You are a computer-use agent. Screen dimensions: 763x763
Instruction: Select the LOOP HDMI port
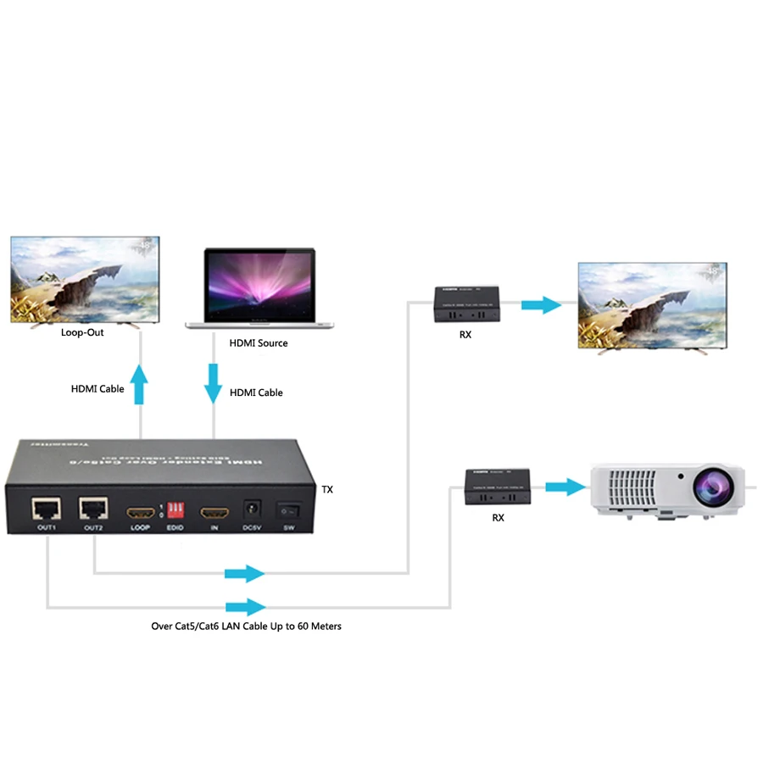point(141,513)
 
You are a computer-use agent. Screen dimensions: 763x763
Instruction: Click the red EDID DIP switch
point(176,510)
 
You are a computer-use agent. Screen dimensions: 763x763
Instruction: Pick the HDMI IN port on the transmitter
point(214,513)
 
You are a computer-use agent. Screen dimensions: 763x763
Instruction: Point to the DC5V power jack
point(251,510)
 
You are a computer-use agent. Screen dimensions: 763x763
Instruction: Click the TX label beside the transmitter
point(328,490)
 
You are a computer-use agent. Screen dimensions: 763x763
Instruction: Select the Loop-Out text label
point(82,332)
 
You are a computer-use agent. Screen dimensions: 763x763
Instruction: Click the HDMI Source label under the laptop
point(259,343)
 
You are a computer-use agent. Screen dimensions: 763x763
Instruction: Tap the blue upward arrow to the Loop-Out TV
point(140,384)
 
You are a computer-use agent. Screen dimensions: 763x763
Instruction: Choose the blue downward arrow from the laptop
point(213,384)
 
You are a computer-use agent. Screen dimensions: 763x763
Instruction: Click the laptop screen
point(259,284)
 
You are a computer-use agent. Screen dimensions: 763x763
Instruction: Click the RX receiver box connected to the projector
point(498,486)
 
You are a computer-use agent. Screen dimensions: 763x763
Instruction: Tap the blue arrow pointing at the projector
point(565,487)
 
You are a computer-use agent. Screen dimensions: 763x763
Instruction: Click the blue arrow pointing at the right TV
point(541,304)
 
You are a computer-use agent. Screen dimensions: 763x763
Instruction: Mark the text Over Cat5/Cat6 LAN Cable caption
point(246,627)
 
